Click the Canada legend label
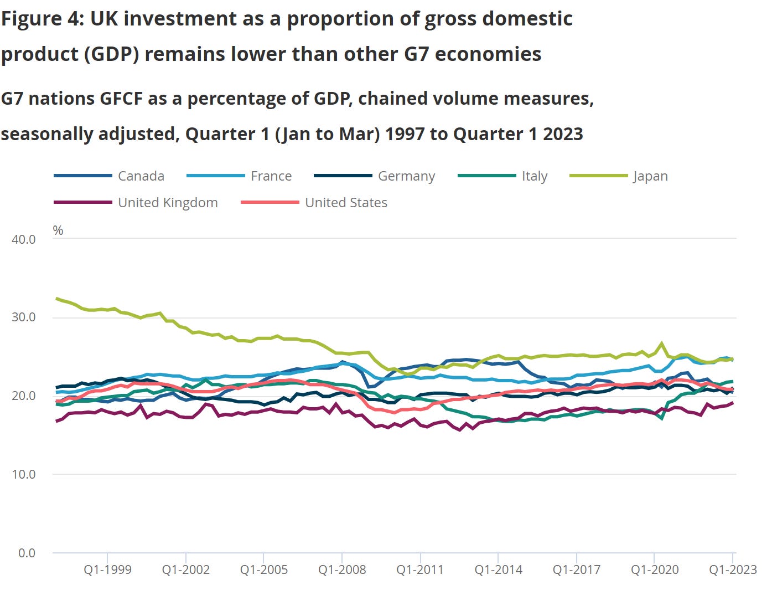click(x=141, y=176)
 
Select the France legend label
click(x=271, y=176)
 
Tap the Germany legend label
click(x=406, y=176)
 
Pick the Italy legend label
click(x=534, y=176)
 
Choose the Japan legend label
click(x=650, y=176)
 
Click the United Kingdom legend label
click(x=168, y=203)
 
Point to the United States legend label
click(x=346, y=203)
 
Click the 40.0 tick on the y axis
click(x=24, y=239)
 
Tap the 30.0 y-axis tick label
click(x=24, y=317)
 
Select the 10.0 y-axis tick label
click(x=24, y=474)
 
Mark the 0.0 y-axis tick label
click(x=27, y=553)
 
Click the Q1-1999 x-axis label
click(x=107, y=570)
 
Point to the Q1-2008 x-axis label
click(x=342, y=570)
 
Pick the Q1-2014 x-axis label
click(x=498, y=570)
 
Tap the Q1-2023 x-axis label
click(x=733, y=570)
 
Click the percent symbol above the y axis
click(x=58, y=230)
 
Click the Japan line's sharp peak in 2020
click(x=661, y=343)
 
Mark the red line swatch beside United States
click(x=270, y=203)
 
